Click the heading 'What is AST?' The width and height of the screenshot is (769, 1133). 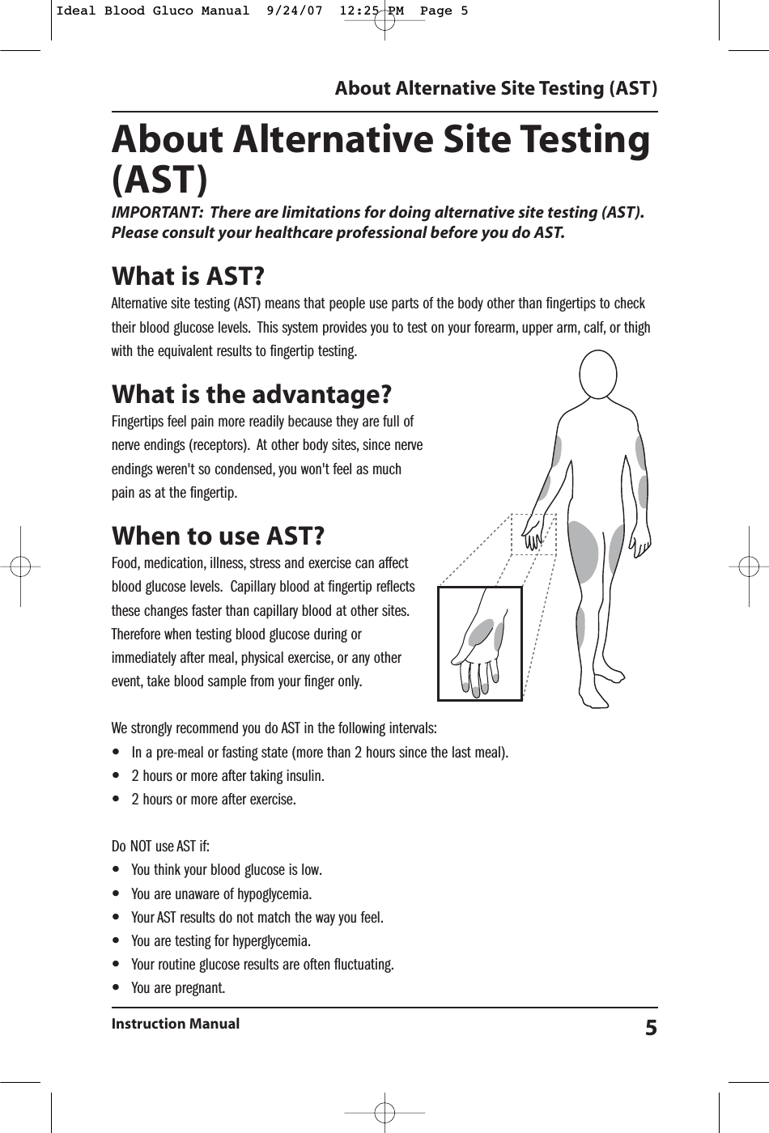[x=187, y=277]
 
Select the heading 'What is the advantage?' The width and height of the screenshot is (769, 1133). [x=252, y=395]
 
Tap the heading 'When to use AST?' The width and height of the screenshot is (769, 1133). [x=219, y=536]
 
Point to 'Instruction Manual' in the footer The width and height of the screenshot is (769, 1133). [x=175, y=1024]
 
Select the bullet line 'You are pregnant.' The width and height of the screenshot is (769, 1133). [x=178, y=988]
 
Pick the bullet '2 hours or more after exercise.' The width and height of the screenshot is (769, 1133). [x=213, y=800]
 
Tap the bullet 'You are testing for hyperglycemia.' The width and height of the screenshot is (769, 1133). [x=220, y=941]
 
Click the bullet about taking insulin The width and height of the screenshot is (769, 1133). [x=227, y=776]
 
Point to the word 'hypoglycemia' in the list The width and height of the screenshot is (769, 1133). [x=274, y=894]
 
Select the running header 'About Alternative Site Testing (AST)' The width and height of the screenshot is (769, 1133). [x=495, y=87]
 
